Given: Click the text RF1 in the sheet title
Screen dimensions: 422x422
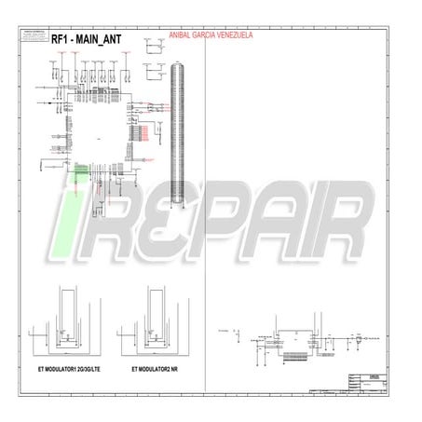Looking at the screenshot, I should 61,39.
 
